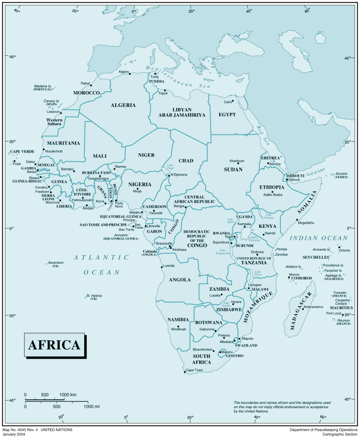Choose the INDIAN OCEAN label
tap(319, 238)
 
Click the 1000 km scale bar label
tap(68, 395)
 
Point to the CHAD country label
tap(186, 161)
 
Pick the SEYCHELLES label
tap(316, 257)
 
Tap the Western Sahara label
tap(54, 122)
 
